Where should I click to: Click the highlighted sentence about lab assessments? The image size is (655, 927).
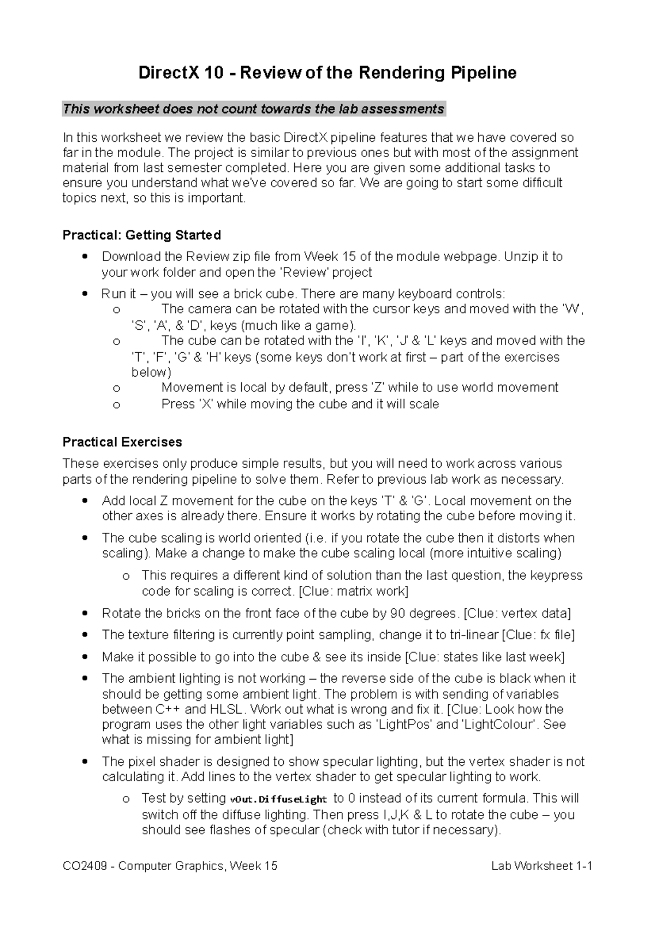pyautogui.click(x=254, y=109)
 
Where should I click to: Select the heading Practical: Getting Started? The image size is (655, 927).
pyautogui.click(x=142, y=235)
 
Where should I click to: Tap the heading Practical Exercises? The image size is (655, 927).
pyautogui.click(x=122, y=442)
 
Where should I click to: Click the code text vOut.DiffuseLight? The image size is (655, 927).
pyautogui.click(x=278, y=799)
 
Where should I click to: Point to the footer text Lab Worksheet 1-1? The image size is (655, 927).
pyautogui.click(x=541, y=866)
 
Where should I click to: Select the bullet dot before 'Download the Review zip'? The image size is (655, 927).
pyautogui.click(x=84, y=257)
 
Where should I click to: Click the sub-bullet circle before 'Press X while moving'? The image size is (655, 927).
pyautogui.click(x=116, y=405)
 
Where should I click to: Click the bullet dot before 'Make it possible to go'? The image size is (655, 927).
pyautogui.click(x=84, y=657)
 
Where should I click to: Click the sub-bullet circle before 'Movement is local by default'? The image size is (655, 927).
pyautogui.click(x=116, y=389)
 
